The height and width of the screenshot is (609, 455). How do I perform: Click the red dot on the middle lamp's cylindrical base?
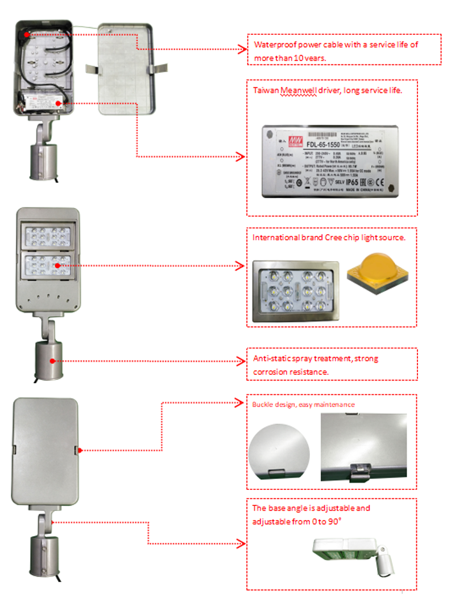pos(52,361)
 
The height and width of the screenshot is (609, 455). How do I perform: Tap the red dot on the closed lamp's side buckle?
pos(81,450)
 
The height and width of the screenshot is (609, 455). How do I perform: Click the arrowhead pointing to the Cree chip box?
pos(242,265)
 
